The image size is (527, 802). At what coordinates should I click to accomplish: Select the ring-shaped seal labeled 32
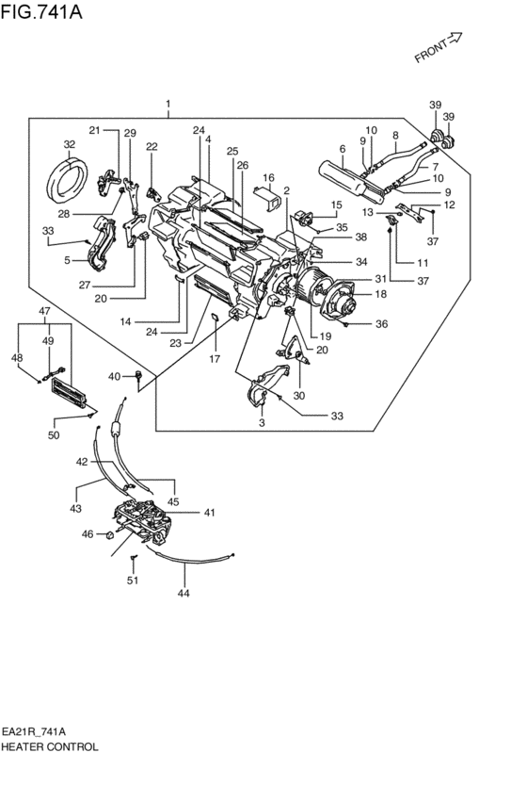69,180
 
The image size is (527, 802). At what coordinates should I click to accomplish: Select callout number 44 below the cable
184,594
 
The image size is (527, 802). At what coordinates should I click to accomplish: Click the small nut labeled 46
109,535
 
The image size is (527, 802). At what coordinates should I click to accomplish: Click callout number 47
43,311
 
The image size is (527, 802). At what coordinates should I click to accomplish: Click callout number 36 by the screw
381,324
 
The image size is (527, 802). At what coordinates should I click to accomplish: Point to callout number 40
114,377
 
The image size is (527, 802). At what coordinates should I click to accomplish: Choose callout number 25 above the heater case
232,151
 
